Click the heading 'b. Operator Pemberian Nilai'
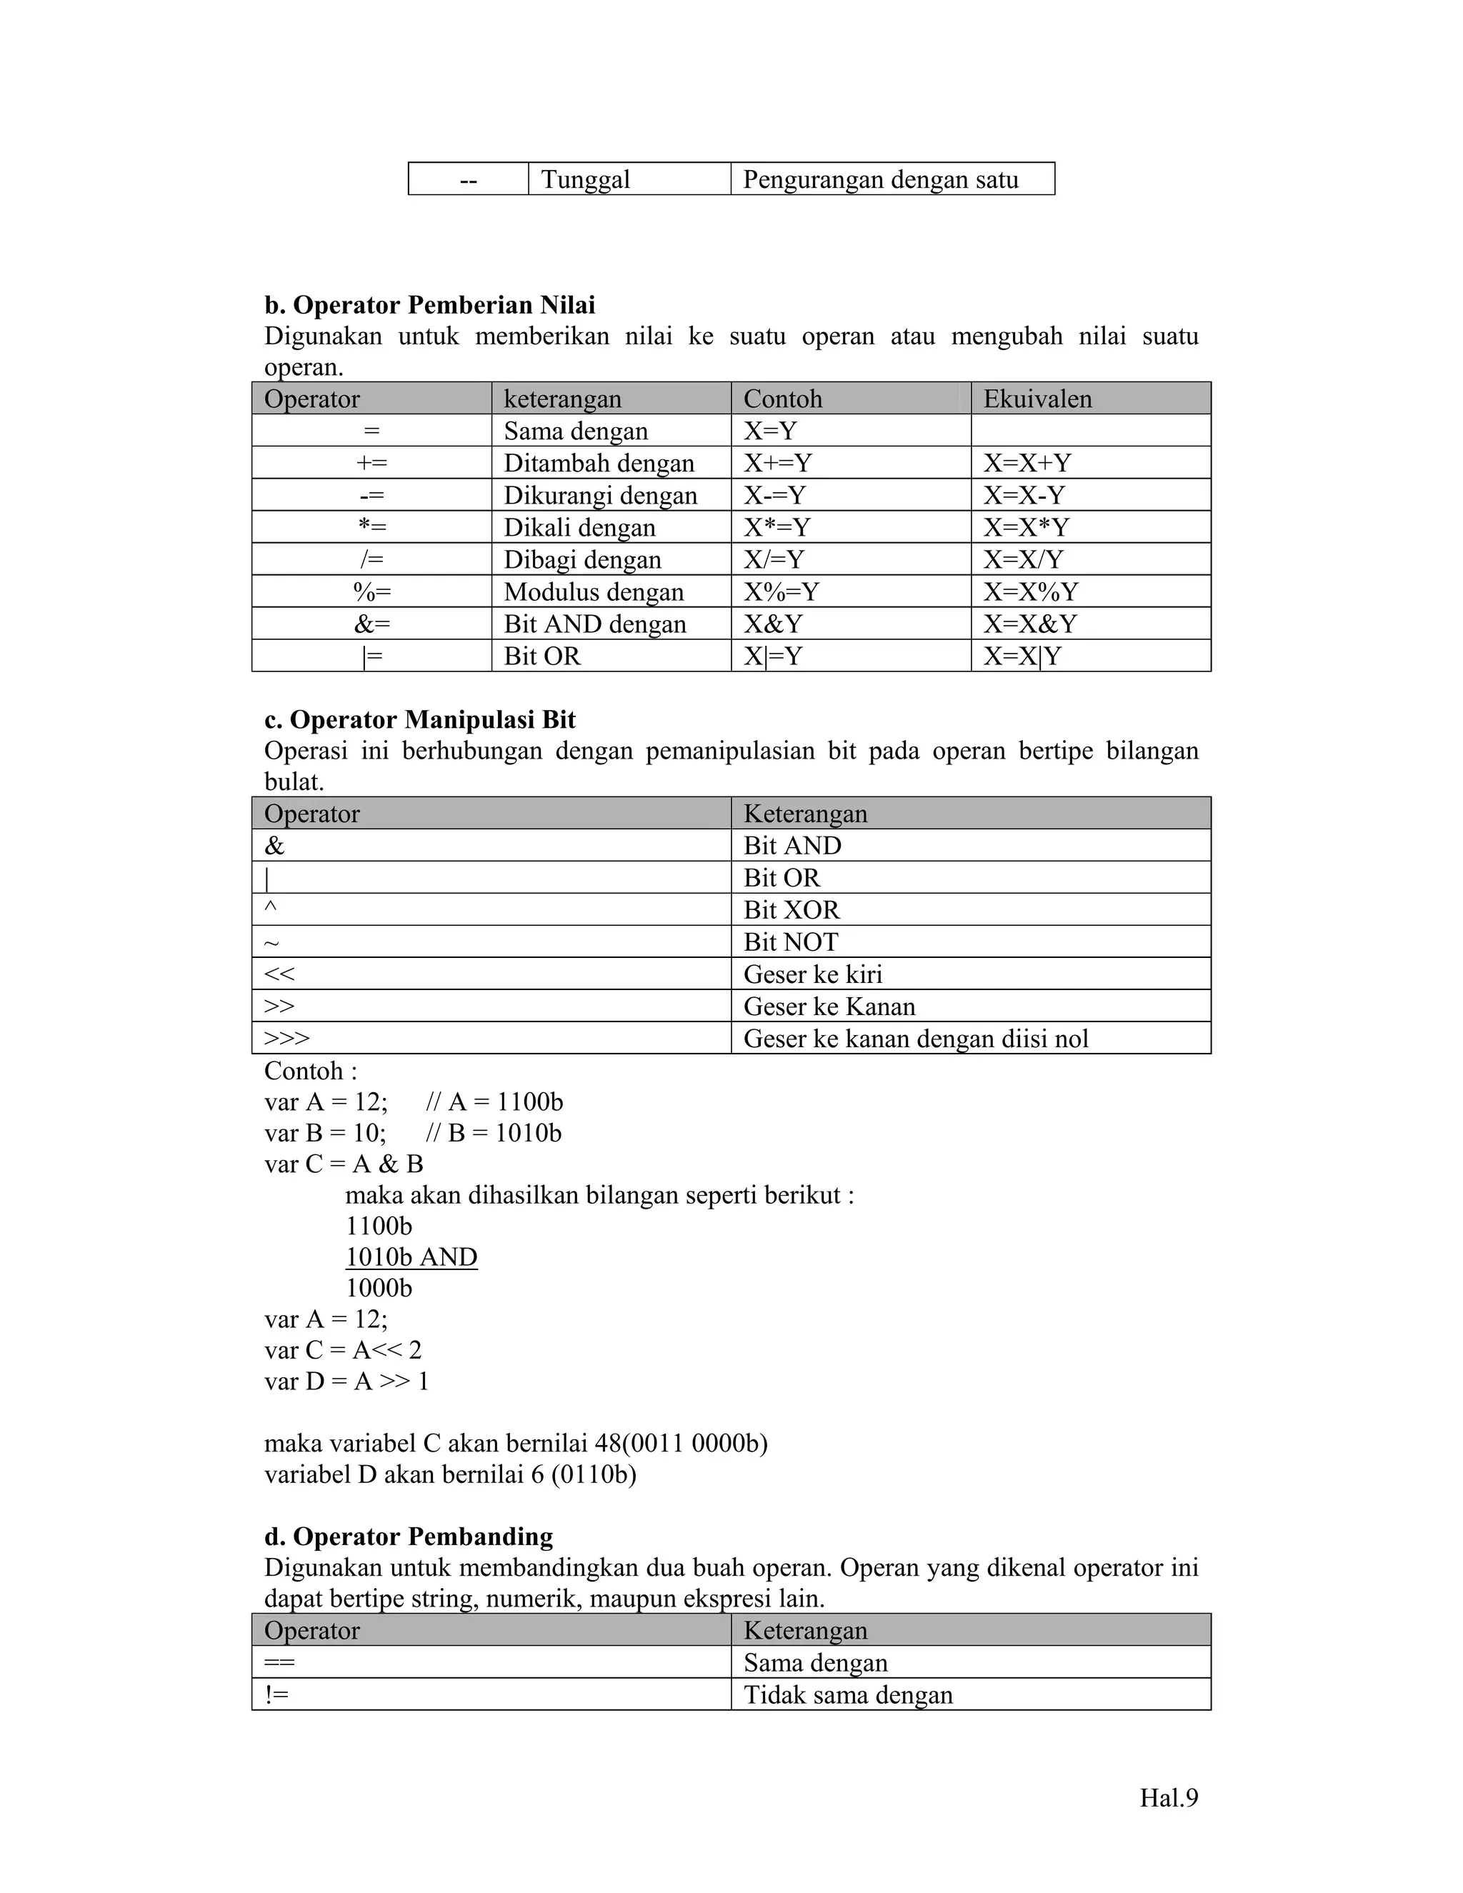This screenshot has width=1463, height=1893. [x=429, y=305]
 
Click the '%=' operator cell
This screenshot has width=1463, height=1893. [x=371, y=592]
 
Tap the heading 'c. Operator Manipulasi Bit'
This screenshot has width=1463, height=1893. [x=419, y=719]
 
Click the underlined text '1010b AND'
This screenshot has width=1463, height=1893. [x=411, y=1257]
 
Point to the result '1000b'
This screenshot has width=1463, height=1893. [x=379, y=1288]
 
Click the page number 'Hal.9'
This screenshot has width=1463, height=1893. [x=1168, y=1798]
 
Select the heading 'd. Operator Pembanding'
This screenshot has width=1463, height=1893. [x=408, y=1537]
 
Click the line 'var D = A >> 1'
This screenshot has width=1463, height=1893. [x=346, y=1381]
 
